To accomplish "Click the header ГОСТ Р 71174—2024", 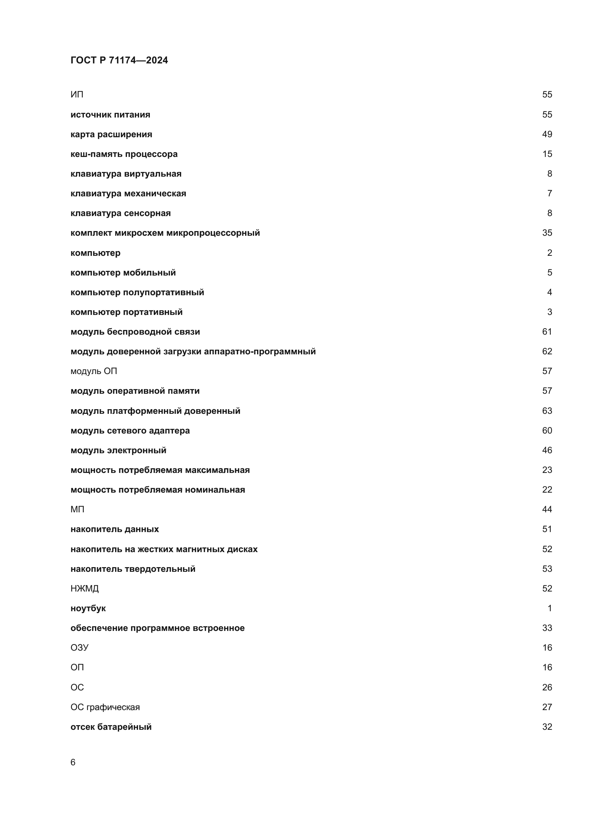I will click(119, 60).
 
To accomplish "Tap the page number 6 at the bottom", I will click(73, 762).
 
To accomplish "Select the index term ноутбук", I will click(88, 608).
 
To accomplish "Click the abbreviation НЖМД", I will click(84, 588).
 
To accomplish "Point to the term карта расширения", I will click(112, 134).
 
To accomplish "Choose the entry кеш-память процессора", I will click(124, 154).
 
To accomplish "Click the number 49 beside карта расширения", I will click(547, 134).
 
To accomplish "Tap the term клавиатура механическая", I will click(128, 193).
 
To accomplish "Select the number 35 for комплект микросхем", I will click(547, 233).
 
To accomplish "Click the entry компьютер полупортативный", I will click(137, 292).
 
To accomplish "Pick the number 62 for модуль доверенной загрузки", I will click(547, 351).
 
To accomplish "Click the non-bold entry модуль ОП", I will click(94, 371).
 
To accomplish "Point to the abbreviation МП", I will click(77, 509).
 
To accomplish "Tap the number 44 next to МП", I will click(547, 509).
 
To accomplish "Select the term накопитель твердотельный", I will click(133, 569).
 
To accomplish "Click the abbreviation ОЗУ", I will click(79, 647).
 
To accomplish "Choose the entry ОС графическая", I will click(105, 707).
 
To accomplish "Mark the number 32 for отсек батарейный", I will click(547, 727).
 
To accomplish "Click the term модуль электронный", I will click(118, 450).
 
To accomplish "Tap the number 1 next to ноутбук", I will click(550, 608).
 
